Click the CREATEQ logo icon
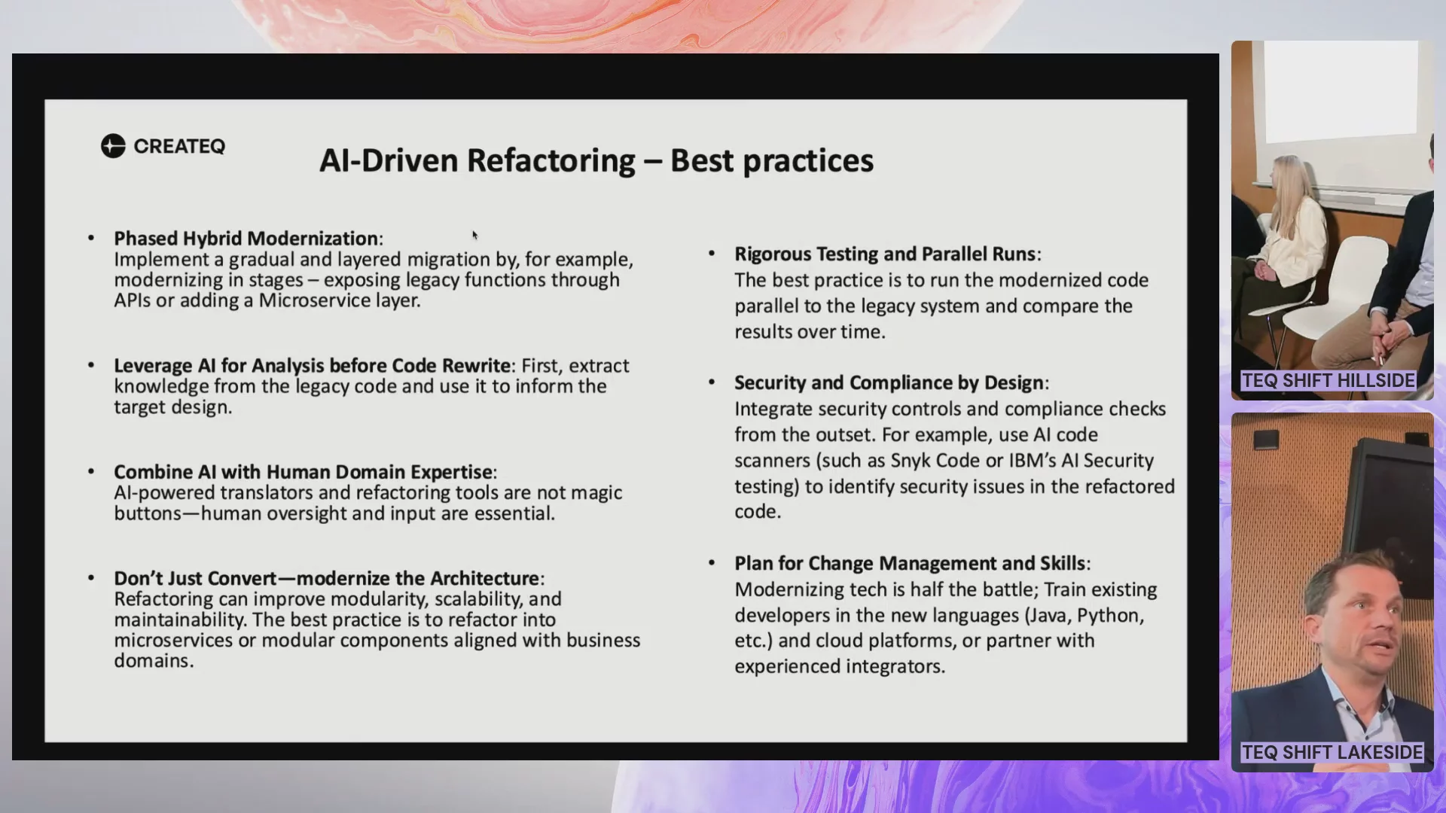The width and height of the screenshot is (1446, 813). [113, 146]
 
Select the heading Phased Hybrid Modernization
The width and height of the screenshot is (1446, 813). [246, 239]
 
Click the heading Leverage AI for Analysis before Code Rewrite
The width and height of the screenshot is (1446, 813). [313, 366]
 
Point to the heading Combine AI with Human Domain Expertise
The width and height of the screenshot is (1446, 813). [304, 472]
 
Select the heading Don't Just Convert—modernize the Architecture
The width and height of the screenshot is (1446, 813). [327, 578]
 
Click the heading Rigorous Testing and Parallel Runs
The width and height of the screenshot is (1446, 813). [885, 254]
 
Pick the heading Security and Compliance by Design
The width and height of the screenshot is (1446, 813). [889, 383]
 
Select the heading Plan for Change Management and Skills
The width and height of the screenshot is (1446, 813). [910, 564]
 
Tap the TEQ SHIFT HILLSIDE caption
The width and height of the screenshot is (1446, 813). [1329, 381]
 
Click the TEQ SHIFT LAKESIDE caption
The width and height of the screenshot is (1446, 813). [1332, 753]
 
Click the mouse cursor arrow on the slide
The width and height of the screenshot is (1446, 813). [475, 236]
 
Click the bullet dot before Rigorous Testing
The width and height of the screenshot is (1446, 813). [712, 254]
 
